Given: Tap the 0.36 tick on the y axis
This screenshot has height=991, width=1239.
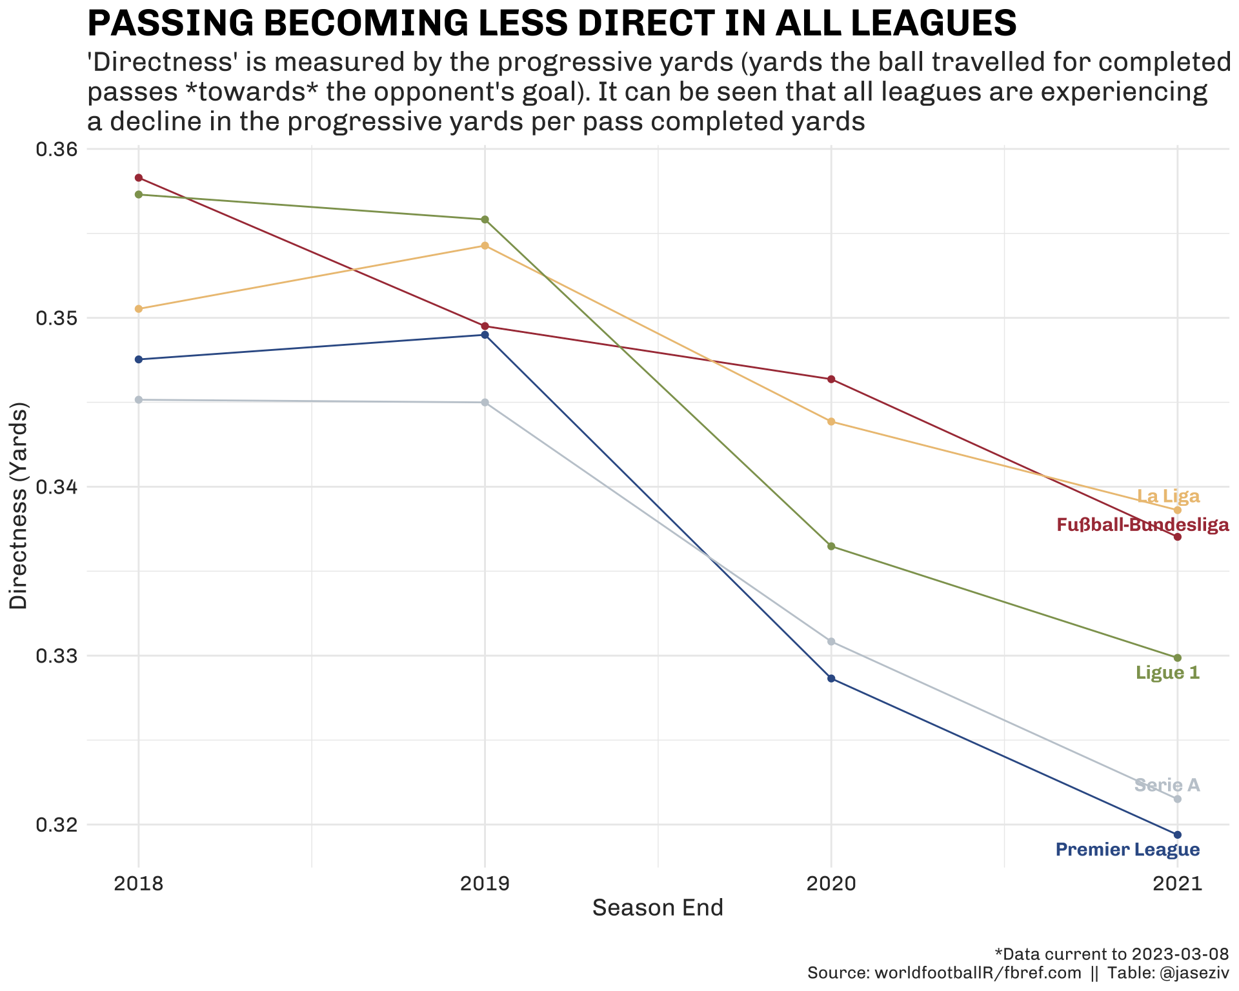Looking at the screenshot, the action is pyautogui.click(x=55, y=150).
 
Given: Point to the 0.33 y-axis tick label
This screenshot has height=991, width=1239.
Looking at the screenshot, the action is pyautogui.click(x=55, y=656).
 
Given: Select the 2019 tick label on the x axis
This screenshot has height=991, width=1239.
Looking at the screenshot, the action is pyautogui.click(x=485, y=883).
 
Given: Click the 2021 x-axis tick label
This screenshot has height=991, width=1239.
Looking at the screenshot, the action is pyautogui.click(x=1178, y=883).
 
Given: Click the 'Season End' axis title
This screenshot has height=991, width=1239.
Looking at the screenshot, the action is pyautogui.click(x=658, y=908).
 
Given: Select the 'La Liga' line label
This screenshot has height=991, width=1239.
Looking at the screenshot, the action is pyautogui.click(x=1168, y=497).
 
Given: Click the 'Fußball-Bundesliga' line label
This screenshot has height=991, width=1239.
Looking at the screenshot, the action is pyautogui.click(x=1142, y=525).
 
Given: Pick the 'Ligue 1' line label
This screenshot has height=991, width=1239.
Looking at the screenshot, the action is pyautogui.click(x=1167, y=673).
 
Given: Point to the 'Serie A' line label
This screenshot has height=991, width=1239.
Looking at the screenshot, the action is pyautogui.click(x=1167, y=785).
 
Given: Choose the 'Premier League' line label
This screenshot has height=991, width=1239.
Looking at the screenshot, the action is pyautogui.click(x=1127, y=850).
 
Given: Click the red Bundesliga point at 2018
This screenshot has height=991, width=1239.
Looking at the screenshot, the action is pyautogui.click(x=138, y=178).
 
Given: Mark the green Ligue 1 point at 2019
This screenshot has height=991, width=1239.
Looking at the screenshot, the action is pyautogui.click(x=485, y=219).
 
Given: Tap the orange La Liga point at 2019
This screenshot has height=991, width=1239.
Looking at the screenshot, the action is pyautogui.click(x=485, y=246).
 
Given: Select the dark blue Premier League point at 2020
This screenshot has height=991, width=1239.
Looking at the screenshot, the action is pyautogui.click(x=831, y=679).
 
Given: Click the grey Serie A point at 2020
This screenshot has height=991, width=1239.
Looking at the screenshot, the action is pyautogui.click(x=831, y=641).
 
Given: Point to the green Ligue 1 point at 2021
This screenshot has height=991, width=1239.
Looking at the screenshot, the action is pyautogui.click(x=1178, y=657).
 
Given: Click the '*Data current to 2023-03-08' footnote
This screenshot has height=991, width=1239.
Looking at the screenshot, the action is pyautogui.click(x=1111, y=954).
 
